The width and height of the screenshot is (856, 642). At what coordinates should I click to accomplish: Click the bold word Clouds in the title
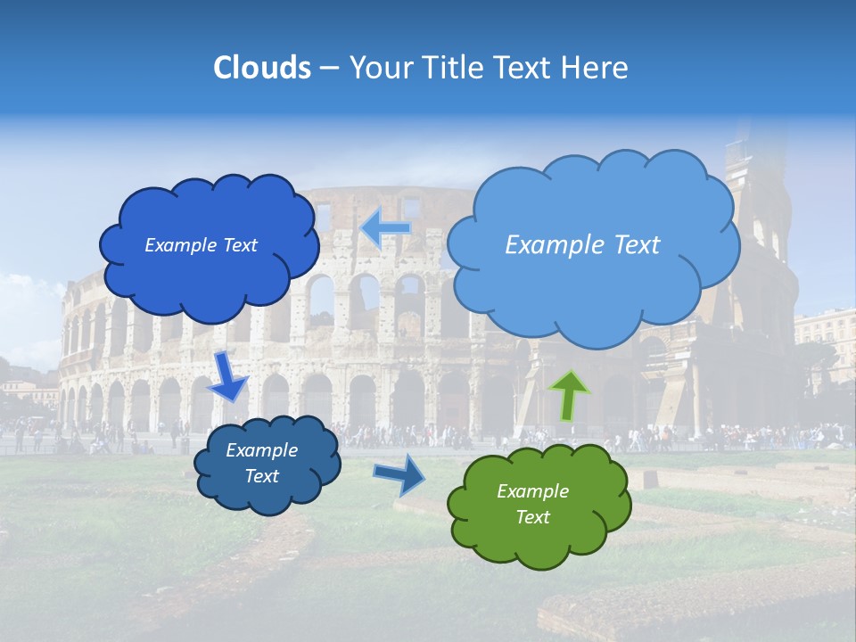coord(262,68)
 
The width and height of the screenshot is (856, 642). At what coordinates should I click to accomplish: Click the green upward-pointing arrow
coord(569,394)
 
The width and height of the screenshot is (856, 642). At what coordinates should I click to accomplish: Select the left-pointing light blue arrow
coord(386,228)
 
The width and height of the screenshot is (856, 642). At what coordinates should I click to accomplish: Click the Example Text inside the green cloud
coord(532,504)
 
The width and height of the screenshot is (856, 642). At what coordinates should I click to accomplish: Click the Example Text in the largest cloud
coord(582,244)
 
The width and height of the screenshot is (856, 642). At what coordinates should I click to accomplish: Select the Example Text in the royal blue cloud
coord(201,245)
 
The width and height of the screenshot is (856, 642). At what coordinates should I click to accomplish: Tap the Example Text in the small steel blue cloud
coord(261,463)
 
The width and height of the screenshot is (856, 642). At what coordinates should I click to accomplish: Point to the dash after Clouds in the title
coord(329,69)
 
